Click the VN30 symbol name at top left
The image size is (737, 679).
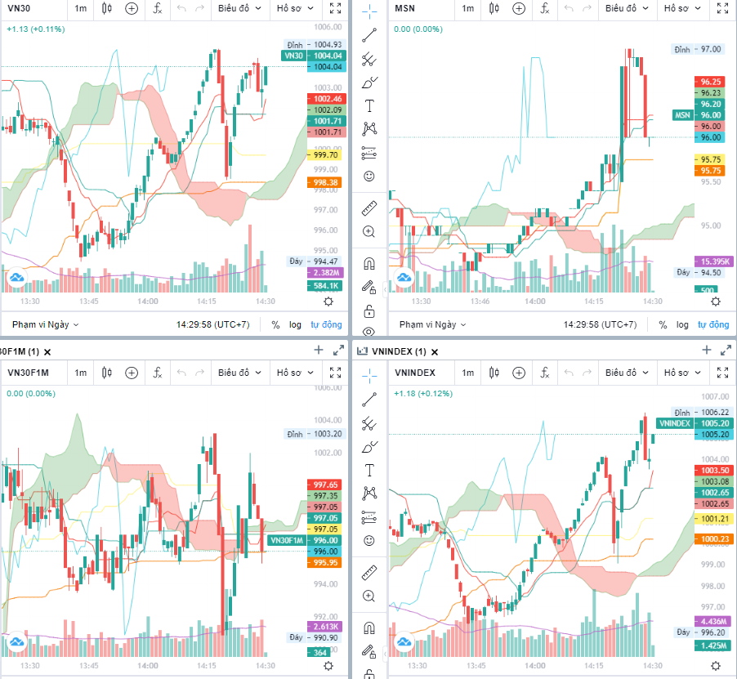20,8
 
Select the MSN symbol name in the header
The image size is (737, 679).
404,8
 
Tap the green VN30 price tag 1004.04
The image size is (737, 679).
293,56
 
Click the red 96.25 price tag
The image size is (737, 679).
710,82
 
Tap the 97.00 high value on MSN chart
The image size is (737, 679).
710,49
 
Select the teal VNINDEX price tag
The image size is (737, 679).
675,423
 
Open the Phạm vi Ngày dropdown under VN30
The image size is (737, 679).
45,324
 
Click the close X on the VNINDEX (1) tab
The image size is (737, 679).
435,351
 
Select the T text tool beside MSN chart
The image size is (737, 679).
369,105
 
